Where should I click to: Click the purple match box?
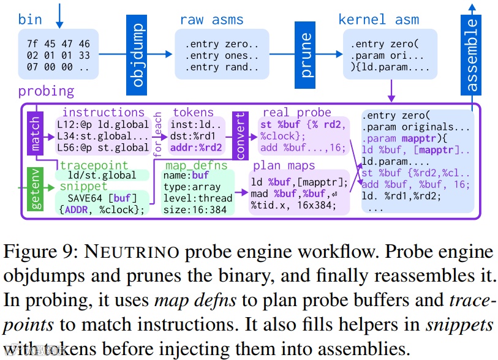(35, 133)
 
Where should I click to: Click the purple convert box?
(240, 134)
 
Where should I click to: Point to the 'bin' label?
(30, 19)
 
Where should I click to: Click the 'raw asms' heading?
(211, 20)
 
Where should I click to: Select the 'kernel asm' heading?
(379, 20)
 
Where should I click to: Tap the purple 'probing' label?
(46, 92)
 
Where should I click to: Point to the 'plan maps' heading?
(284, 166)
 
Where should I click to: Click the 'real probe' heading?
(296, 113)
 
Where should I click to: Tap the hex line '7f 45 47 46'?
(58, 44)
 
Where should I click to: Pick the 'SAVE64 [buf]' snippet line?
(102, 198)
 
